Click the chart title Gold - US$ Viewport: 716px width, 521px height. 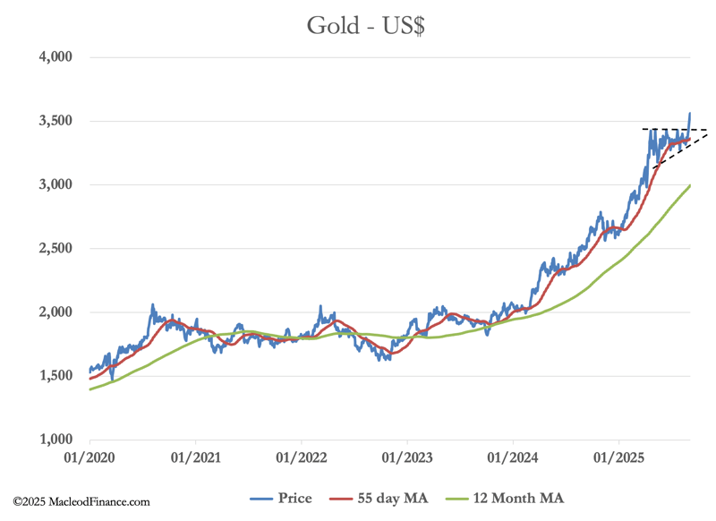[365, 24]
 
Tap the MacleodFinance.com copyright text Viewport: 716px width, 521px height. [81, 503]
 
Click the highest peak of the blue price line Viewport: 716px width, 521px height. [689, 114]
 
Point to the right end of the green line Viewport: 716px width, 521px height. [689, 185]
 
